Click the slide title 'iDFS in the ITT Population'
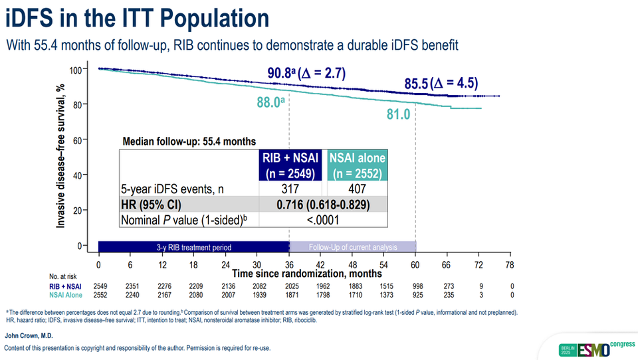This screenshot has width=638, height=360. click(x=138, y=18)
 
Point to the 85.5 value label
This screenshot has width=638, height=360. click(x=416, y=84)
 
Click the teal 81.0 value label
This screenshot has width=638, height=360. click(x=398, y=114)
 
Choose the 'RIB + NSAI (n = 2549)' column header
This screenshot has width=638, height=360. click(x=290, y=165)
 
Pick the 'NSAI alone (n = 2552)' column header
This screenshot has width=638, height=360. click(x=357, y=165)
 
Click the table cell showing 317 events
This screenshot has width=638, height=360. click(x=290, y=189)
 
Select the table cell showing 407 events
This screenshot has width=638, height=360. click(x=357, y=189)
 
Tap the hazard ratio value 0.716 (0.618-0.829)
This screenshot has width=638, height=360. click(x=323, y=205)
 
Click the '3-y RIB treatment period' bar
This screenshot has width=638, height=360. click(x=193, y=247)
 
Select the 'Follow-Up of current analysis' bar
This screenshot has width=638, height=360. click(x=352, y=247)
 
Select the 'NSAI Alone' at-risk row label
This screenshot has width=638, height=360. click(x=65, y=294)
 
